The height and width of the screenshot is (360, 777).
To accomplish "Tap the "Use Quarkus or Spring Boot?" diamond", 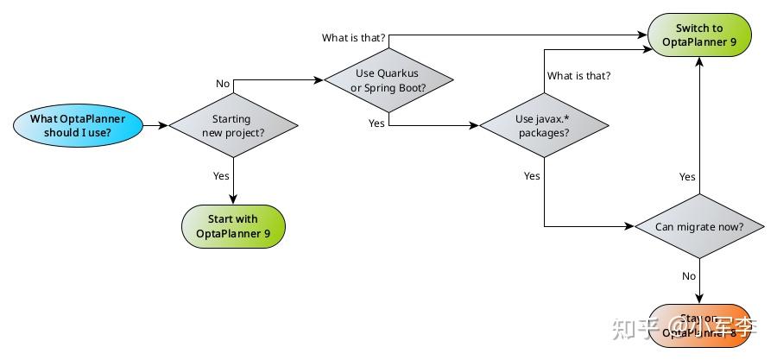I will (388, 80).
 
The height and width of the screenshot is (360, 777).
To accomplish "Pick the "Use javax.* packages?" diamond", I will (543, 126).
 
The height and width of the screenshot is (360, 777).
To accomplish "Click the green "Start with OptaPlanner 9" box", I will (232, 225).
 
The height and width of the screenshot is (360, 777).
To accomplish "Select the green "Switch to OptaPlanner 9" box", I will (699, 35).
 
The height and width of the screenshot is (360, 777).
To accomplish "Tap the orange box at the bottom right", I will (699, 325).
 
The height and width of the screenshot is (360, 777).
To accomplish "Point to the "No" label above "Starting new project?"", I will (223, 83).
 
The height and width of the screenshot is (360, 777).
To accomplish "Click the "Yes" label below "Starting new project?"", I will (221, 175).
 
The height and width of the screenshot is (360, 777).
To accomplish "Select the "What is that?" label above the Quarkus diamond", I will (353, 38).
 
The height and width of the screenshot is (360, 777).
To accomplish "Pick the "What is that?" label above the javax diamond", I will (578, 76).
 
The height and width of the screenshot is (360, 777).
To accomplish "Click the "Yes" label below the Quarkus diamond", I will (376, 123).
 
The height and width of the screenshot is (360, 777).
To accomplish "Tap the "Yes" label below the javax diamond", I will (532, 176).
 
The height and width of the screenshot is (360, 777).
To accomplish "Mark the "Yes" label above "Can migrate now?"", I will (687, 177).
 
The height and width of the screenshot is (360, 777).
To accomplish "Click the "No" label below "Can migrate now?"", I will (689, 276).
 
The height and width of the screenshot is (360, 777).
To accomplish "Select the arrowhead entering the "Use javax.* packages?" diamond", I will (474, 125).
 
